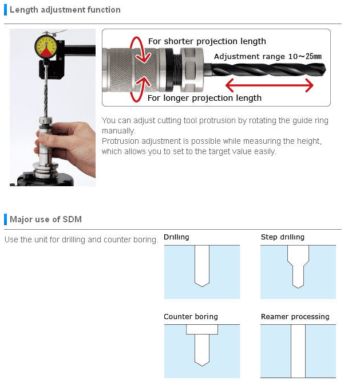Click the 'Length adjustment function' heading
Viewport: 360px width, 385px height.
65,10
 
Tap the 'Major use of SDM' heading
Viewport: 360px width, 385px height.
46,219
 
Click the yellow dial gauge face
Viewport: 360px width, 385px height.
46,47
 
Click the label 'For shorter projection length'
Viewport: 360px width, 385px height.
207,41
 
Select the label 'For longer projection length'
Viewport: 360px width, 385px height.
204,98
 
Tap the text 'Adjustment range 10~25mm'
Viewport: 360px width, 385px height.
267,57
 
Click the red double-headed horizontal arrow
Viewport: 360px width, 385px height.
269,85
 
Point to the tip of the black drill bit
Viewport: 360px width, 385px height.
325,69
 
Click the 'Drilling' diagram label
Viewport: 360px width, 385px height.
176,237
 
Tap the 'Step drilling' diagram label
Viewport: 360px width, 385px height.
283,237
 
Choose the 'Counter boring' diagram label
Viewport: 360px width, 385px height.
191,316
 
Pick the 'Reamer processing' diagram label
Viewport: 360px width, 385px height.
295,316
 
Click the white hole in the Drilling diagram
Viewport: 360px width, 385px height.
202,266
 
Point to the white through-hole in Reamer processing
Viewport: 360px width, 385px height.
298,351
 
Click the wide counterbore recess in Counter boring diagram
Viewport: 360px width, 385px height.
202,329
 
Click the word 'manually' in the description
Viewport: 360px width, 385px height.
118,131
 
